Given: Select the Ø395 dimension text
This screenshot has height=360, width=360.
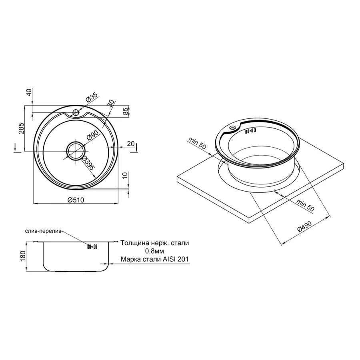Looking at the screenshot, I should (88, 163).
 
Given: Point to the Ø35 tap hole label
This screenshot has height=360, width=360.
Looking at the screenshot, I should (91, 97).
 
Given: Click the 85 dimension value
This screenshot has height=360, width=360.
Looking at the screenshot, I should (126, 111).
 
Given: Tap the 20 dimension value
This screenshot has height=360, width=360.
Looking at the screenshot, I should (130, 143).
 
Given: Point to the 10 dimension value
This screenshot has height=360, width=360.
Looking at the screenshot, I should (126, 176).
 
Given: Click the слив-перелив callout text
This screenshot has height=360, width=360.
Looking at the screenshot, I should (43, 232).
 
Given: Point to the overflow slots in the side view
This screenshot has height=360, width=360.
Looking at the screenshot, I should (92, 247).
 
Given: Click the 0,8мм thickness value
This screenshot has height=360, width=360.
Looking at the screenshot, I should (155, 251).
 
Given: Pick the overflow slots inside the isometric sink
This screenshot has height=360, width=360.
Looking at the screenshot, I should (251, 131).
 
